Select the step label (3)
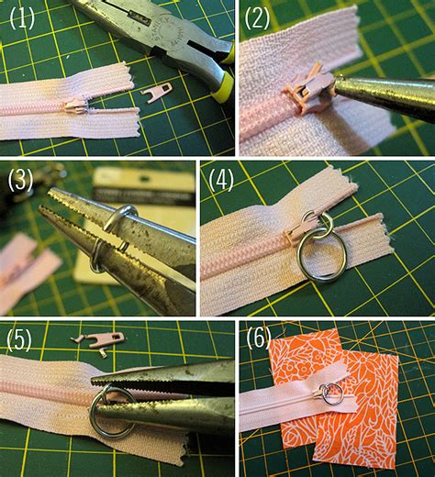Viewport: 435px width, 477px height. [x=20, y=180]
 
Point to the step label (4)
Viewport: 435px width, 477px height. [x=220, y=179]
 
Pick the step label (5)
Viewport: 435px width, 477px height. [x=20, y=340]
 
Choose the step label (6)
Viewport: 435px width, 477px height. [x=258, y=340]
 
